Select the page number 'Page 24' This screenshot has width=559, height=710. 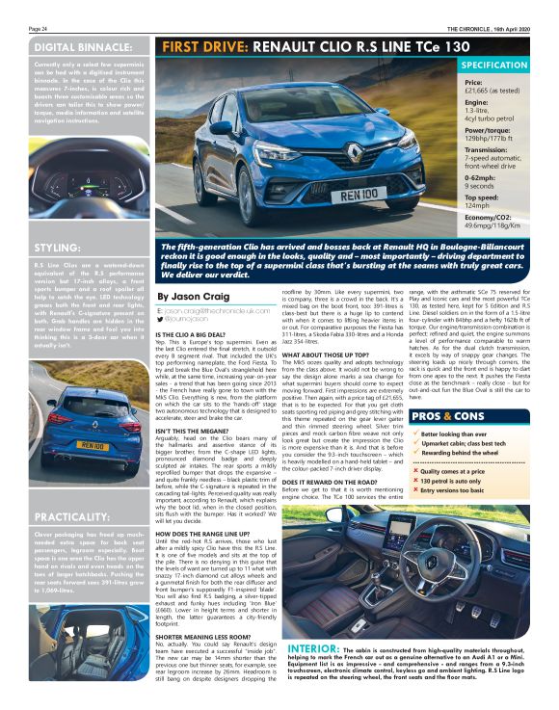tap(38, 30)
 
